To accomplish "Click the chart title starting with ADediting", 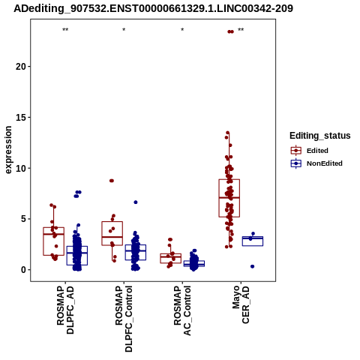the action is click(153, 8).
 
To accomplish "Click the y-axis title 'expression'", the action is click(8, 150).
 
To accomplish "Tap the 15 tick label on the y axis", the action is click(20, 117).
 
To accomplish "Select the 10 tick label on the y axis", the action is click(20, 168).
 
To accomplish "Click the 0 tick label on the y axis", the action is click(23, 270).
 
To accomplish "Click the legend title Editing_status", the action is click(320, 136).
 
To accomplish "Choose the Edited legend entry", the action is click(317, 151).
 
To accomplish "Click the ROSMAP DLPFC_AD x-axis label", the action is click(65, 310).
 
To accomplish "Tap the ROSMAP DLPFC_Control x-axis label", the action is click(124, 319).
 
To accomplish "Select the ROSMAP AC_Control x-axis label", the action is click(182, 310).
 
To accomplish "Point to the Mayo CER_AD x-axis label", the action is click(241, 304).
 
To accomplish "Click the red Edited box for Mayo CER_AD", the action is click(229, 198).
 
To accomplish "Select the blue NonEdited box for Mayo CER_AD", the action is click(253, 241).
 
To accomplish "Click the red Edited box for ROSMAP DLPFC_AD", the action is click(54, 241).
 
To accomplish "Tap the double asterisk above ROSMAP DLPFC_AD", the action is click(65, 30).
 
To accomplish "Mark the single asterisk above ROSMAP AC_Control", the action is click(182, 30).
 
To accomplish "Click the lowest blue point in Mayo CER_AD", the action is click(253, 266).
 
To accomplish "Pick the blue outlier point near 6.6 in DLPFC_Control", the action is click(136, 202).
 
